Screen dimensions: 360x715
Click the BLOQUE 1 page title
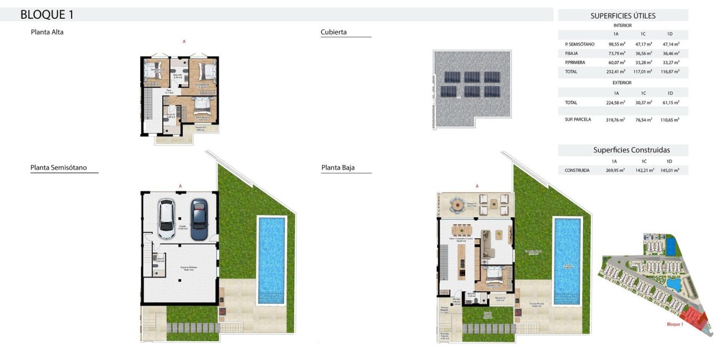point(47,14)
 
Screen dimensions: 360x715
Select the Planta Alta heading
point(47,32)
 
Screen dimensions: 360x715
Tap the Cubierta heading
point(333,32)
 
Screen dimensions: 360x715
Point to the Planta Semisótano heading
point(58,167)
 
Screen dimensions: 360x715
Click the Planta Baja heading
point(338,167)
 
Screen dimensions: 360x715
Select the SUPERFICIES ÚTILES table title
point(623,16)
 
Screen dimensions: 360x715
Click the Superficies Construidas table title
point(623,150)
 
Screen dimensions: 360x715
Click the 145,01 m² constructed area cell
point(670,171)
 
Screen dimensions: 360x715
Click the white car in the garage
point(167,218)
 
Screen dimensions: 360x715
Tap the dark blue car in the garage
point(198,219)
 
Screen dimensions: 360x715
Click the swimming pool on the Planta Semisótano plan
point(271,260)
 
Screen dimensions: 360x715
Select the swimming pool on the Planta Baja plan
point(568,260)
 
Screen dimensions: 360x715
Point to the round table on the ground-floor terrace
point(457,207)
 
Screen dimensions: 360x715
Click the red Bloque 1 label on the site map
point(675,325)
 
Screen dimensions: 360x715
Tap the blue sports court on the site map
point(670,243)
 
